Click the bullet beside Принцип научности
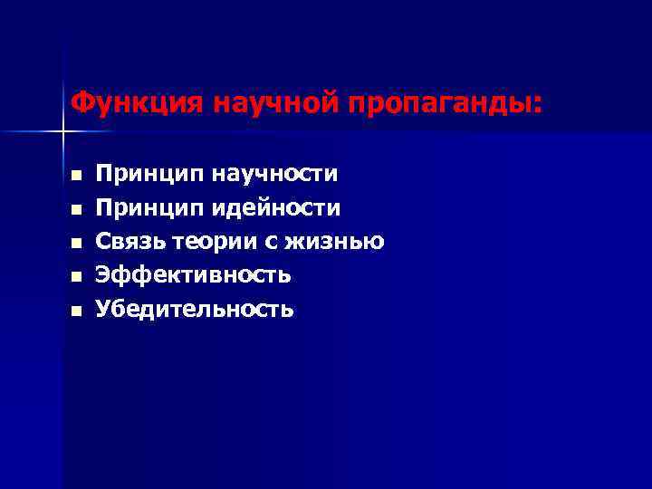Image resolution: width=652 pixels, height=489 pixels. click(76, 175)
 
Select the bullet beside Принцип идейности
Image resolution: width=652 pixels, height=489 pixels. click(76, 209)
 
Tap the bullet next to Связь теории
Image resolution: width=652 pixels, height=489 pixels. click(76, 243)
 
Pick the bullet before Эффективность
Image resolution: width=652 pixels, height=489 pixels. click(76, 276)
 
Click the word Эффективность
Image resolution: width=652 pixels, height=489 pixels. click(194, 275)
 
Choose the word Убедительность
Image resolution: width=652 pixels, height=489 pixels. click(196, 309)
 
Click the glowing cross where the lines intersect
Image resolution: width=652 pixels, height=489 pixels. click(62, 132)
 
